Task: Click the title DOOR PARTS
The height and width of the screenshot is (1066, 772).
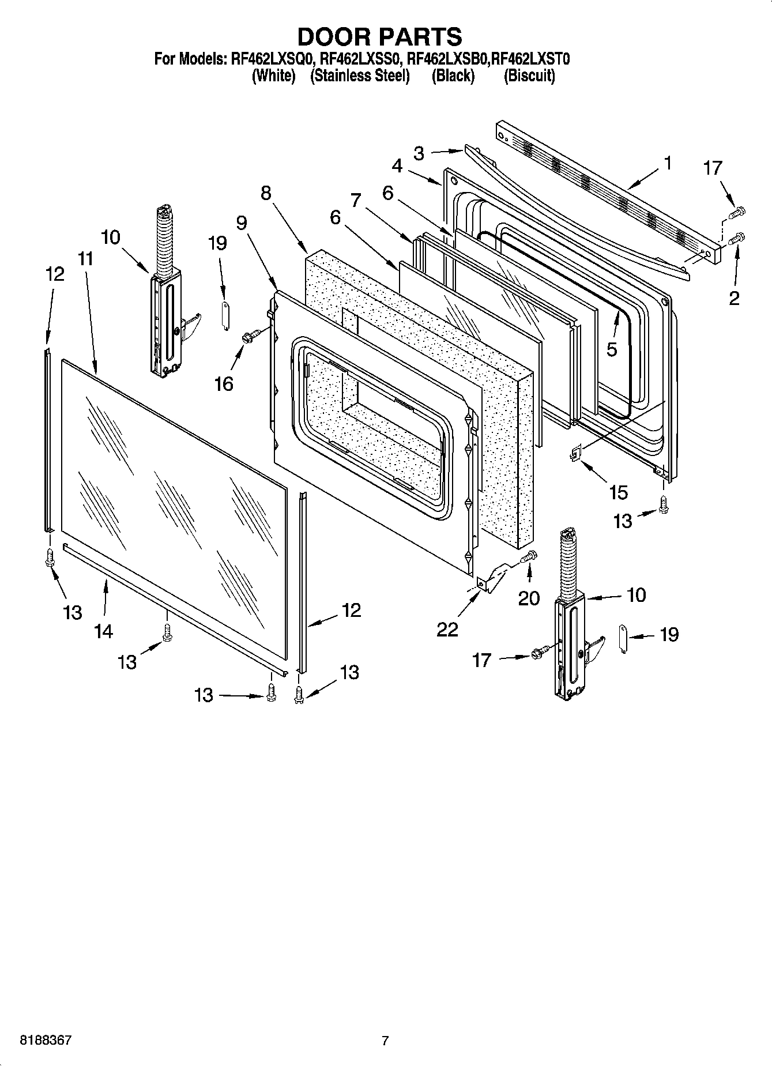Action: (379, 36)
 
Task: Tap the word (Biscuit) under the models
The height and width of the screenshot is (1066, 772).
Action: (529, 76)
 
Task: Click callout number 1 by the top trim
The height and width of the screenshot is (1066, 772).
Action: (668, 164)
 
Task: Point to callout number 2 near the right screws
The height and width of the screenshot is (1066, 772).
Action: (733, 298)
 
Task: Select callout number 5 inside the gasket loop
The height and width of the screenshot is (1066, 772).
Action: (612, 349)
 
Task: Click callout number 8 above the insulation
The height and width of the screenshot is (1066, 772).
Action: (266, 193)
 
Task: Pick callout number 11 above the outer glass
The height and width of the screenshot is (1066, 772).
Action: (85, 259)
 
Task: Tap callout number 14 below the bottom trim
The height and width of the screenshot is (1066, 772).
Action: (104, 631)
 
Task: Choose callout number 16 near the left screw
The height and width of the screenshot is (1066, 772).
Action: (224, 383)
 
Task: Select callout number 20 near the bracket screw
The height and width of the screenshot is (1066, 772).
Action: (529, 598)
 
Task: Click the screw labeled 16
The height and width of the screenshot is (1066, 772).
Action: (249, 337)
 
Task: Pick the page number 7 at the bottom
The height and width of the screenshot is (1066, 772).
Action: (385, 1041)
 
